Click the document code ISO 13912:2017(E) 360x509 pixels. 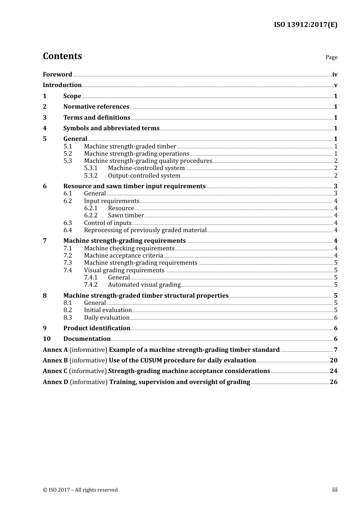(x=305, y=25)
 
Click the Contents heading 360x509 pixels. (x=62, y=56)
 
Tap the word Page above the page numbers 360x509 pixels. (x=331, y=57)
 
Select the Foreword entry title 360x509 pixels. (x=57, y=75)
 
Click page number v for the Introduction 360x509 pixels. (x=335, y=85)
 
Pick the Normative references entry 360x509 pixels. (x=96, y=107)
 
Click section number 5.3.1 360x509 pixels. (x=91, y=168)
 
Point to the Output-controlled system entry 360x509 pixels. (x=144, y=176)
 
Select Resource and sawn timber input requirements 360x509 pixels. (x=134, y=186)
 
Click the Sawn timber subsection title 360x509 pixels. (x=126, y=215)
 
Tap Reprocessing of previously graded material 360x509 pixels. (x=145, y=230)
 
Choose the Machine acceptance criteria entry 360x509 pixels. (x=123, y=256)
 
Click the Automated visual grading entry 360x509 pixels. (x=144, y=285)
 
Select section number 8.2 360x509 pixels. (x=67, y=310)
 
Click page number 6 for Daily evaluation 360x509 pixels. (x=335, y=318)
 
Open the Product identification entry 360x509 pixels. (x=97, y=328)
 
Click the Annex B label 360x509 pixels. (x=55, y=361)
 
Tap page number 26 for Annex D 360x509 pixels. (x=333, y=382)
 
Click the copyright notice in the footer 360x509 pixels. (x=80, y=490)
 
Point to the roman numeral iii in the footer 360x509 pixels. (x=335, y=490)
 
